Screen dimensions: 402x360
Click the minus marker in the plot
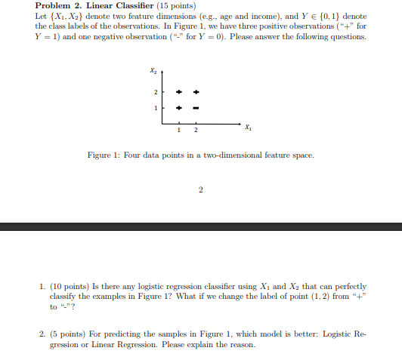pyautogui.click(x=196, y=107)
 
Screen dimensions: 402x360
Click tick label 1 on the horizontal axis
pyautogui.click(x=179, y=130)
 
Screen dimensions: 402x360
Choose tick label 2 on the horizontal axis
pyautogui.click(x=196, y=130)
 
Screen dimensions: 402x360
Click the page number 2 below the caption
pyautogui.click(x=201, y=189)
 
